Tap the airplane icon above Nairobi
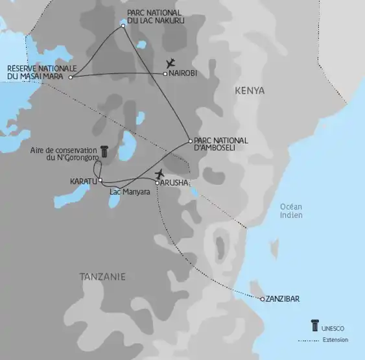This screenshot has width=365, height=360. click(x=171, y=63)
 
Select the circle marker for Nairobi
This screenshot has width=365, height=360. click(x=165, y=74)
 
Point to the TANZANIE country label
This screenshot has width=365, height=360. click(x=102, y=277)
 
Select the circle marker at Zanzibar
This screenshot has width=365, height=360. click(x=262, y=299)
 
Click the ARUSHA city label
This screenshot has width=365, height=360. click(x=174, y=183)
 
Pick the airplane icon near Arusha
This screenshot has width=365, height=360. click(x=160, y=173)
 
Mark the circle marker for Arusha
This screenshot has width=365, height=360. click(x=157, y=182)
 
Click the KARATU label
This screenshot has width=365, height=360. click(x=83, y=181)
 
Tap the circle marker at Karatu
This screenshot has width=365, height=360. click(x=100, y=180)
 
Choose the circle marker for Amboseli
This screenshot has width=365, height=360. click(x=189, y=141)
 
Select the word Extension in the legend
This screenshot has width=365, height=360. click(x=335, y=340)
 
